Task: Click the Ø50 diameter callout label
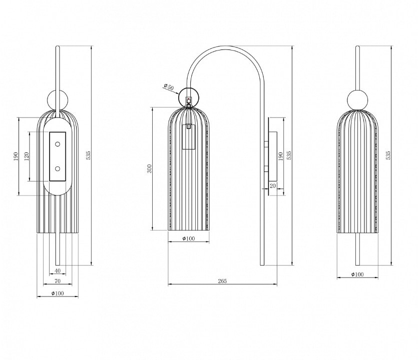pos(169,87)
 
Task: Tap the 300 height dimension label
pos(149,168)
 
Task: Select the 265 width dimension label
pos(222,281)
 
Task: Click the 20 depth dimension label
pos(272,186)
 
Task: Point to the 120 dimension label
pos(27,156)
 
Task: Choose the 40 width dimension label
pos(58,271)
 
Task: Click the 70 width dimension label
pos(58,281)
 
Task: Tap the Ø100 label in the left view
pos(58,293)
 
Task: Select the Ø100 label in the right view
pos(357,274)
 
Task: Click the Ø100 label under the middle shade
pos(188,238)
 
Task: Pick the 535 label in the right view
pos(388,155)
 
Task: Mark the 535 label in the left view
pos(88,155)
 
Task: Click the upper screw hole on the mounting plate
pos(57,144)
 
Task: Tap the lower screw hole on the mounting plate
pos(57,168)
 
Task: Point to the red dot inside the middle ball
pos(188,99)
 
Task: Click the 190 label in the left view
pos(16,156)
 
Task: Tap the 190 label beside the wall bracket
pos(280,156)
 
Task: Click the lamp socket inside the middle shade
pos(189,137)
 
